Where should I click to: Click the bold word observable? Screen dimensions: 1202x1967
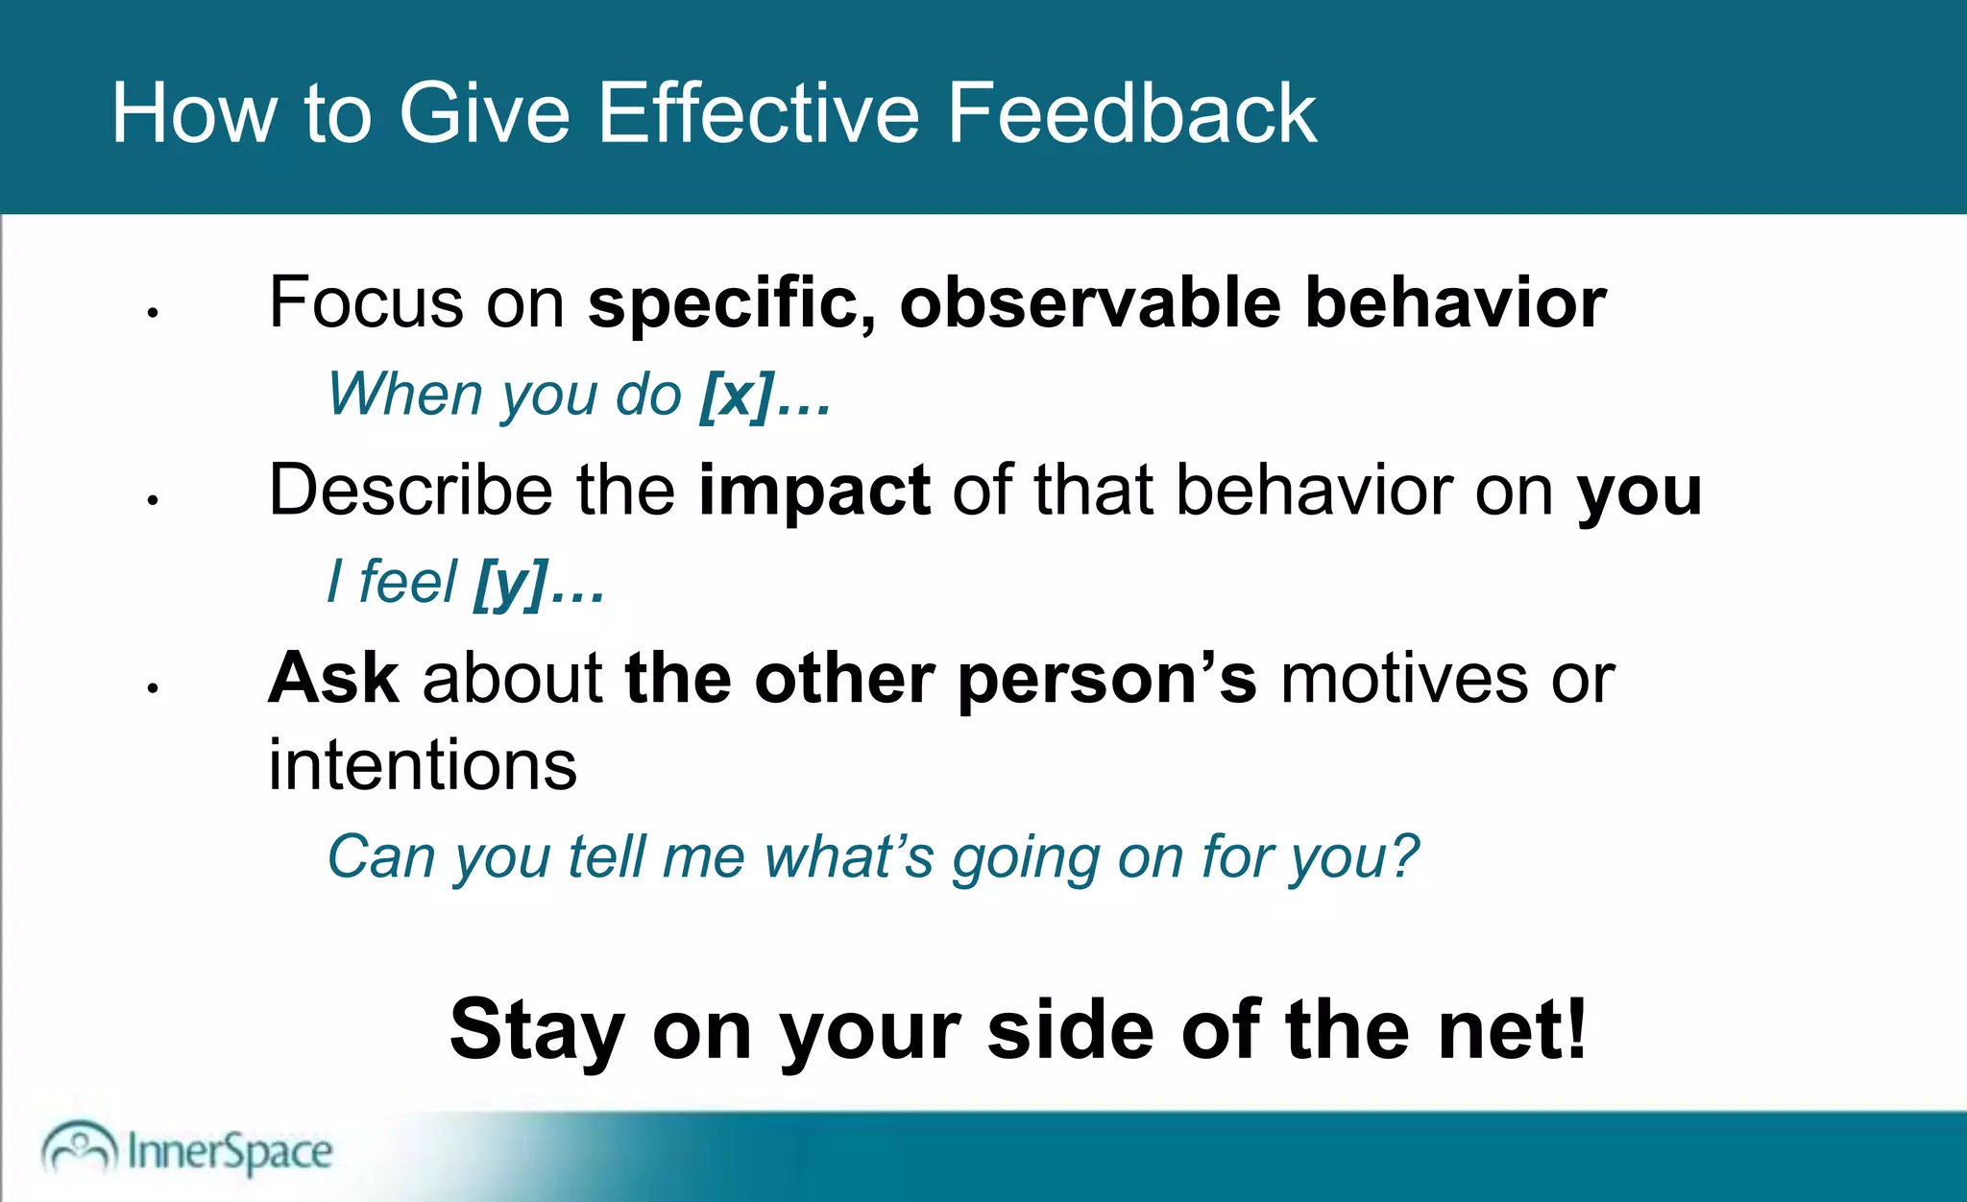[x=1089, y=303]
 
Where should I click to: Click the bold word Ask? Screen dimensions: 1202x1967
[x=333, y=679]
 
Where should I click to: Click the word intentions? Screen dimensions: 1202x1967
[x=423, y=765]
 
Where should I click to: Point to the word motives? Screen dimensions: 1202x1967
[x=1403, y=679]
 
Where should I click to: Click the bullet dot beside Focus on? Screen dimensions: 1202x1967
[x=152, y=313]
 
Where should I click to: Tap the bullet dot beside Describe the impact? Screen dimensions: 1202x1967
[x=152, y=500]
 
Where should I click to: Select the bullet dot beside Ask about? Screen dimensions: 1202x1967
[x=152, y=688]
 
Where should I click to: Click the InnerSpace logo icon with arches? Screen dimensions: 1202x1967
[x=79, y=1146]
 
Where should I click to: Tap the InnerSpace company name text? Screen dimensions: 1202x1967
[x=230, y=1152]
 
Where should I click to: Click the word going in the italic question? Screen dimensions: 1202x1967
[x=1025, y=857]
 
